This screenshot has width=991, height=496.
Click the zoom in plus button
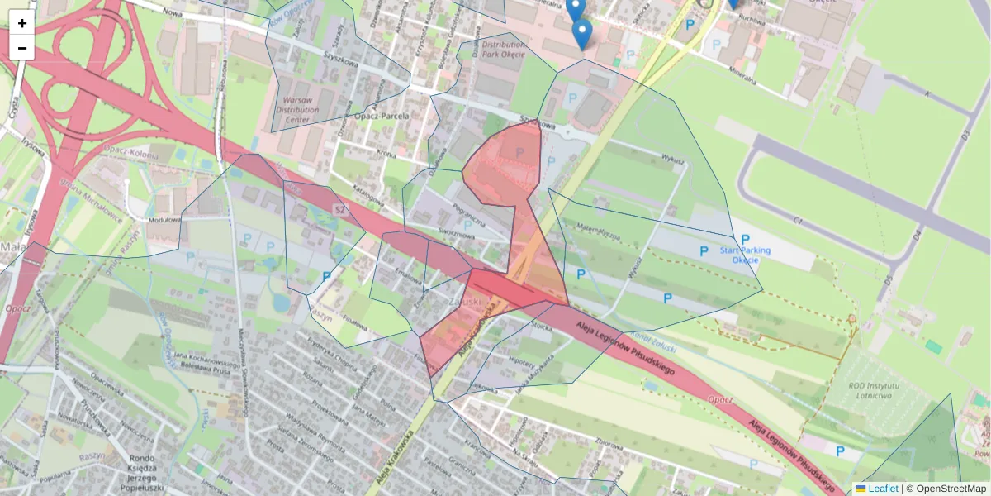tap(22, 23)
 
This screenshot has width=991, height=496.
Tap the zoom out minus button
tap(22, 48)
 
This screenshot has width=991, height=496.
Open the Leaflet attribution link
tap(883, 489)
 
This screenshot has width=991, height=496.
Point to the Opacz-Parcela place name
tap(382, 117)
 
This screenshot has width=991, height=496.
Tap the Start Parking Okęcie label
tap(745, 255)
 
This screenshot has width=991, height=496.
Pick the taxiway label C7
tap(798, 221)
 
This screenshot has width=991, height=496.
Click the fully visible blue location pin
tap(582, 33)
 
